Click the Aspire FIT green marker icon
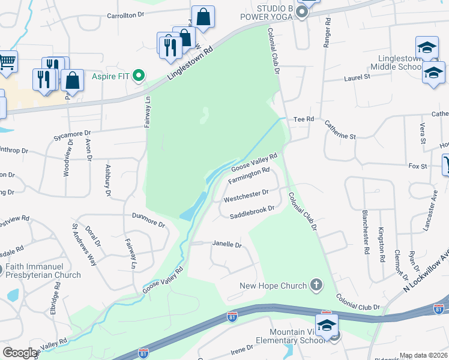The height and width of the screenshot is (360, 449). click(139, 76)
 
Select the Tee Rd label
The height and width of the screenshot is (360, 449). click(304, 119)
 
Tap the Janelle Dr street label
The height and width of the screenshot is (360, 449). click(226, 245)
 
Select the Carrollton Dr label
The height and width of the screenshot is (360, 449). click(127, 16)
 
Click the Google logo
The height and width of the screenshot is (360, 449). click(20, 353)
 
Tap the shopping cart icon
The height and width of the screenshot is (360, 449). click(7, 60)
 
